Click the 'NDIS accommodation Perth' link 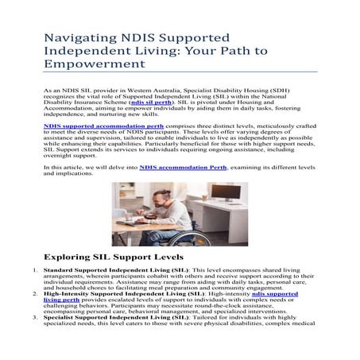pyautogui.click(x=183, y=167)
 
